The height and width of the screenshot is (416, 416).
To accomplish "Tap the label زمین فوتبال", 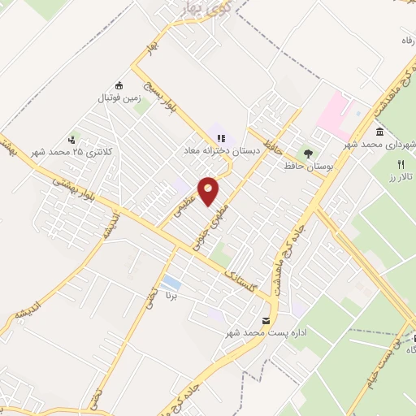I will click(x=119, y=97).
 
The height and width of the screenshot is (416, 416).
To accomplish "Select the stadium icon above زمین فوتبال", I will click(x=119, y=85).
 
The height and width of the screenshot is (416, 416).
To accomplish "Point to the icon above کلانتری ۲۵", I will click(x=72, y=140).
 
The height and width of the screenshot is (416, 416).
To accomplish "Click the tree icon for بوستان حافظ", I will click(x=307, y=152).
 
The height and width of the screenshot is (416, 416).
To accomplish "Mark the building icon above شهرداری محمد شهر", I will click(x=379, y=132).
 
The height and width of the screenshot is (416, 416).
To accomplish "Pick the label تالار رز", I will click(x=401, y=176).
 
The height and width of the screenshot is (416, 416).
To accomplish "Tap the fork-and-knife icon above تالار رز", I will click(x=401, y=164).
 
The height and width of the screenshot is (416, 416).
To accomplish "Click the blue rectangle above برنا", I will click(x=171, y=284).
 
